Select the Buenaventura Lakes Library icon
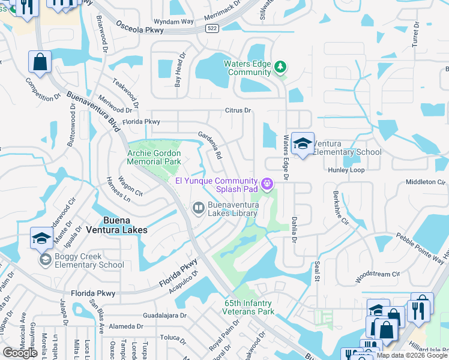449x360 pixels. [x=198, y=208]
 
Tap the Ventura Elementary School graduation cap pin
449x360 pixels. [x=303, y=143]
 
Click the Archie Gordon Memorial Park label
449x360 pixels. [x=154, y=157]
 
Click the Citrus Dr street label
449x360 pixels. [x=238, y=110]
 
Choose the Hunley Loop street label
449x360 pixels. [x=346, y=170]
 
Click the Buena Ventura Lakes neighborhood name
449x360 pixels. [x=117, y=224]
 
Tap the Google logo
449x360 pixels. [x=20, y=353]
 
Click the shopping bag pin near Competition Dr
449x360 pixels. [x=40, y=62]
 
